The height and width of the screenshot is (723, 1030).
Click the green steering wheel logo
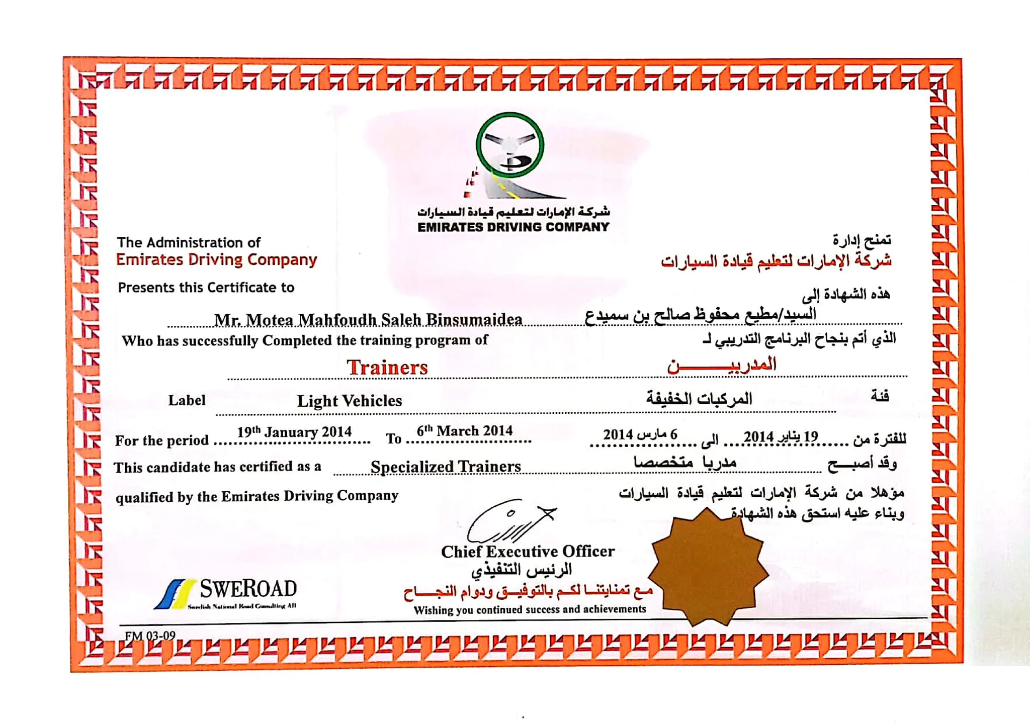(x=510, y=145)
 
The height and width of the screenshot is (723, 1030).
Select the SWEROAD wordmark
(x=248, y=588)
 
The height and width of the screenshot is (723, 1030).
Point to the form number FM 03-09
(x=150, y=636)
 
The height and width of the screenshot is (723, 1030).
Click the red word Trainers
(x=387, y=368)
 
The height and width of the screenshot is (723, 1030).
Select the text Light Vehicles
(x=350, y=401)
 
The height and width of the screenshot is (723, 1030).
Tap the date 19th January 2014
(x=294, y=432)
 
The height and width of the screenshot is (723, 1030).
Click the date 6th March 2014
(x=464, y=431)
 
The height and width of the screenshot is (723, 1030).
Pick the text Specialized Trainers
(x=446, y=467)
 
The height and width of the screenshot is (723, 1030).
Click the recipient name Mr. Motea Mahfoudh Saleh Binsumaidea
(x=368, y=319)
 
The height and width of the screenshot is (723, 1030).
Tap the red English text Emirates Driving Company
(x=216, y=259)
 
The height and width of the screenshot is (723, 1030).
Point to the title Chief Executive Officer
(x=528, y=552)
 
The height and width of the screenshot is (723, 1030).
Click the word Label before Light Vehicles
(x=187, y=400)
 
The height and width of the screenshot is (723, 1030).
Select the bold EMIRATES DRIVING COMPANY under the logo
(x=513, y=227)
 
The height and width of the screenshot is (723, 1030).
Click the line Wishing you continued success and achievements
(x=530, y=610)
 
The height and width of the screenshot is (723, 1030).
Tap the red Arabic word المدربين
(x=722, y=365)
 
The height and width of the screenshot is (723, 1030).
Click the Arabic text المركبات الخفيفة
(x=699, y=399)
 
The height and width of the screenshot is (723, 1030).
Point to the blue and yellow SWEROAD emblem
(x=175, y=594)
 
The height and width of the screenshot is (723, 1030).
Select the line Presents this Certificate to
(x=206, y=288)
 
